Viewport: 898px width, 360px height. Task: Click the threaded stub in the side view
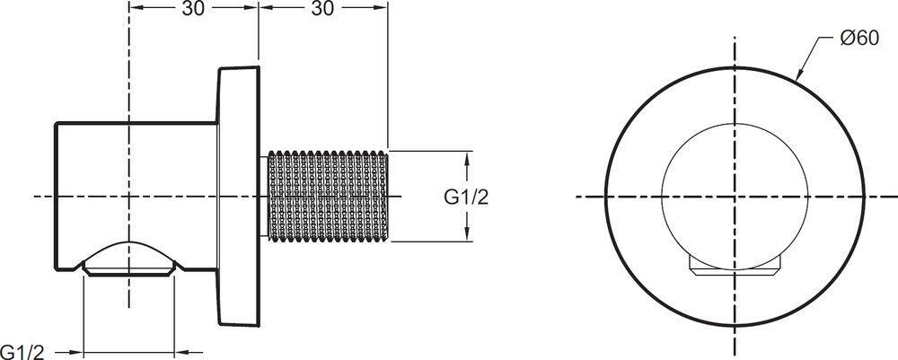tap(328, 196)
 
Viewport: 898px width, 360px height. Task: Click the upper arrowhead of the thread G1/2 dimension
tap(468, 158)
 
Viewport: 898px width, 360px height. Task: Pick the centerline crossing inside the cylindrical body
tap(130, 197)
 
